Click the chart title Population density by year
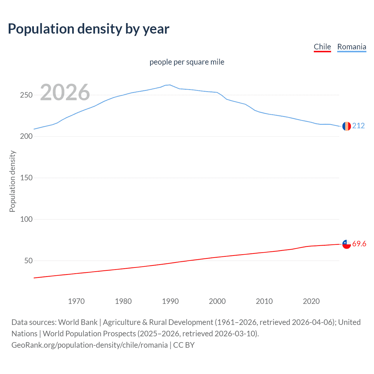(x=89, y=29)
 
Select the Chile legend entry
(x=322, y=47)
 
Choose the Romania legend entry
(x=352, y=47)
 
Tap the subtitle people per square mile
(x=187, y=62)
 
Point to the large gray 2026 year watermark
(x=65, y=92)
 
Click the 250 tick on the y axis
(x=26, y=95)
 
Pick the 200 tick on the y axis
(x=26, y=136)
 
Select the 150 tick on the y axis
(x=26, y=178)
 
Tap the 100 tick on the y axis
(x=26, y=219)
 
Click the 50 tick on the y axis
(x=28, y=261)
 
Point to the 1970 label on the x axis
(x=76, y=301)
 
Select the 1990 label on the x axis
(x=170, y=301)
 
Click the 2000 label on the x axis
(x=217, y=301)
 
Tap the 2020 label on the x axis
(x=311, y=301)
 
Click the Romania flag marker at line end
(x=347, y=126)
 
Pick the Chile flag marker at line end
(x=347, y=244)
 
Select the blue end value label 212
(x=359, y=126)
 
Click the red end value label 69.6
(x=359, y=244)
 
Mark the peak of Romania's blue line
(x=170, y=85)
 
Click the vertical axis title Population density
(x=12, y=181)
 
